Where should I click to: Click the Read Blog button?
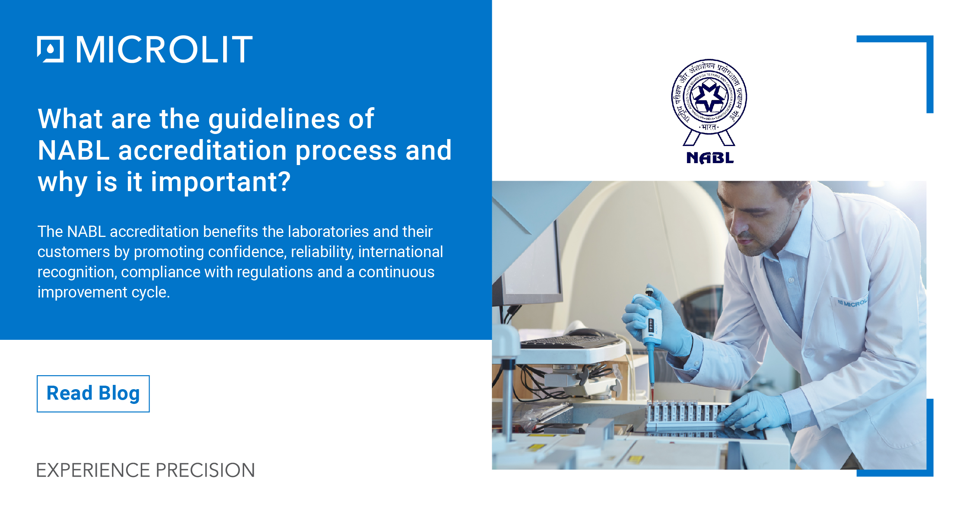pos(93,393)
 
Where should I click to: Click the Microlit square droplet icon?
pos(50,49)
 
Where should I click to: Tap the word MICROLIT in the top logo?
pos(164,49)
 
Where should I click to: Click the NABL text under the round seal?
pos(710,158)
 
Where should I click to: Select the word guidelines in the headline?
pos(274,119)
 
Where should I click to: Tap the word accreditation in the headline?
pos(202,151)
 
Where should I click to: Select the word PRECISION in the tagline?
pos(205,470)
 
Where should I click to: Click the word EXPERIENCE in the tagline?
pos(93,470)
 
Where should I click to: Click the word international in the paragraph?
pos(400,252)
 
